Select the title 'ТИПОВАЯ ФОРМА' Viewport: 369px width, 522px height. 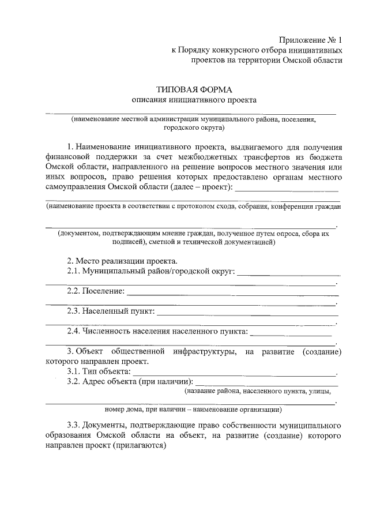[194, 89]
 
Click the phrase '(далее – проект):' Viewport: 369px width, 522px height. [202, 187]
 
